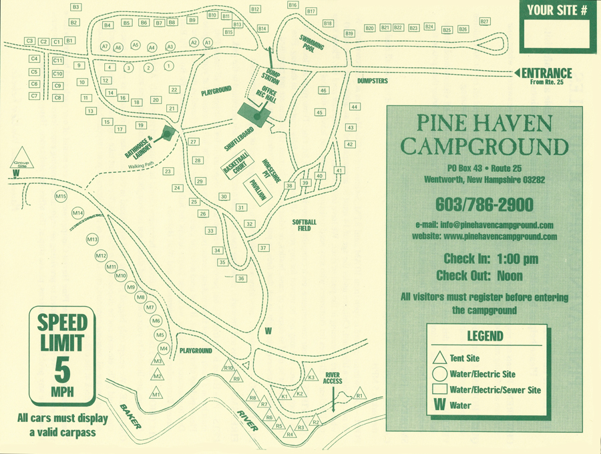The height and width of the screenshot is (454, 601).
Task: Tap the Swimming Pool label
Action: click(311, 44)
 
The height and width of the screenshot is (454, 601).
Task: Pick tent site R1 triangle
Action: click(359, 394)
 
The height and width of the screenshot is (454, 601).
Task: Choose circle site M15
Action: click(61, 197)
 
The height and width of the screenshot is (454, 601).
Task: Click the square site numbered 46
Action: click(323, 90)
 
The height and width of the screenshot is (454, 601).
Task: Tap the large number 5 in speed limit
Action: click(62, 367)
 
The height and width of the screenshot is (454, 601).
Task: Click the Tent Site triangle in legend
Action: click(439, 358)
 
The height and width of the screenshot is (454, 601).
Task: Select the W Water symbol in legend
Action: click(440, 404)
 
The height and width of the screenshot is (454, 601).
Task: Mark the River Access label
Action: click(333, 378)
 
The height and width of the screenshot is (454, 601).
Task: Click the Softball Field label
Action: click(305, 225)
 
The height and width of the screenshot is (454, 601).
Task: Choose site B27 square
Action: click(485, 22)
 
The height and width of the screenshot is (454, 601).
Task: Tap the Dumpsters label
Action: click(372, 80)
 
